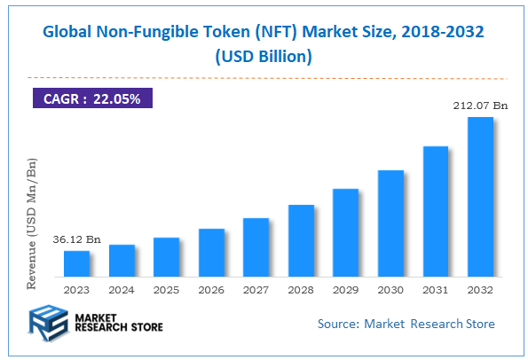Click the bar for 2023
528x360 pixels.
pyautogui.click(x=77, y=263)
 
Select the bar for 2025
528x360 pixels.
pyautogui.click(x=166, y=257)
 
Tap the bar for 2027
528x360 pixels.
pyautogui.click(x=256, y=247)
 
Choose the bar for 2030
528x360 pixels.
pyautogui.click(x=390, y=223)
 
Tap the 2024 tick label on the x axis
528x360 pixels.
pyautogui.click(x=122, y=288)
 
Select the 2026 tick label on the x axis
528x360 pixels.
pyautogui.click(x=211, y=288)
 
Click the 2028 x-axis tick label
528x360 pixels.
pyautogui.click(x=301, y=288)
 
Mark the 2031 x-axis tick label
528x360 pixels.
pyautogui.click(x=435, y=288)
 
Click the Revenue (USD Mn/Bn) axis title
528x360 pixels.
pyautogui.click(x=33, y=224)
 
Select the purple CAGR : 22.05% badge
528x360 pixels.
pyautogui.click(x=92, y=99)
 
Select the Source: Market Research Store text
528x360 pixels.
pyautogui.click(x=406, y=324)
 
